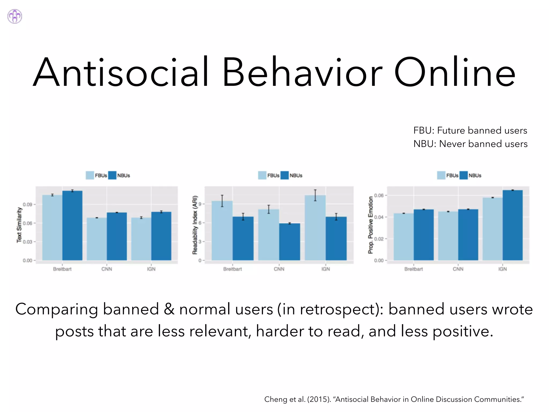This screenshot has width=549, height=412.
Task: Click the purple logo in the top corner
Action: coord(15,16)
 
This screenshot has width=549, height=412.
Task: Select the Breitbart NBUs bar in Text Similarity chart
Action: coord(72,225)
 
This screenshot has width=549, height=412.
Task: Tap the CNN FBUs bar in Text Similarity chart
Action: coord(97,239)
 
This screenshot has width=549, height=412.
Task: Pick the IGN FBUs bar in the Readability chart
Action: coord(315,228)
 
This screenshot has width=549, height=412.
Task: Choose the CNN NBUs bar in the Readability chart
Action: coord(290,241)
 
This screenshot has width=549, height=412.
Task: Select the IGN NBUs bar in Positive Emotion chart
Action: coord(513,225)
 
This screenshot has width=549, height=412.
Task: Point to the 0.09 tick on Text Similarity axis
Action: coord(27,204)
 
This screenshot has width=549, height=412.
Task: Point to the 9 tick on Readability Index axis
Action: coord(200,204)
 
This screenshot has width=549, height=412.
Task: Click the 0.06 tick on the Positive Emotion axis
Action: coord(379,195)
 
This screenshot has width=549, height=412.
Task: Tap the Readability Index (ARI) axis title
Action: coord(195,225)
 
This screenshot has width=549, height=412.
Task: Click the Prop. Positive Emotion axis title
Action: coord(370,225)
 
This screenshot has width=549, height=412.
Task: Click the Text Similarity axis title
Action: coord(19,225)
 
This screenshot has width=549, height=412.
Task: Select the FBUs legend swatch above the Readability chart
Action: coord(262,175)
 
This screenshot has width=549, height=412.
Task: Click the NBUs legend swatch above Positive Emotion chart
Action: coord(463,175)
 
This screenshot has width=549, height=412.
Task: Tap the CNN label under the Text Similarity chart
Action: coord(107,269)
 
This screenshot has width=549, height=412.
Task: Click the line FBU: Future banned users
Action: coord(470,130)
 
